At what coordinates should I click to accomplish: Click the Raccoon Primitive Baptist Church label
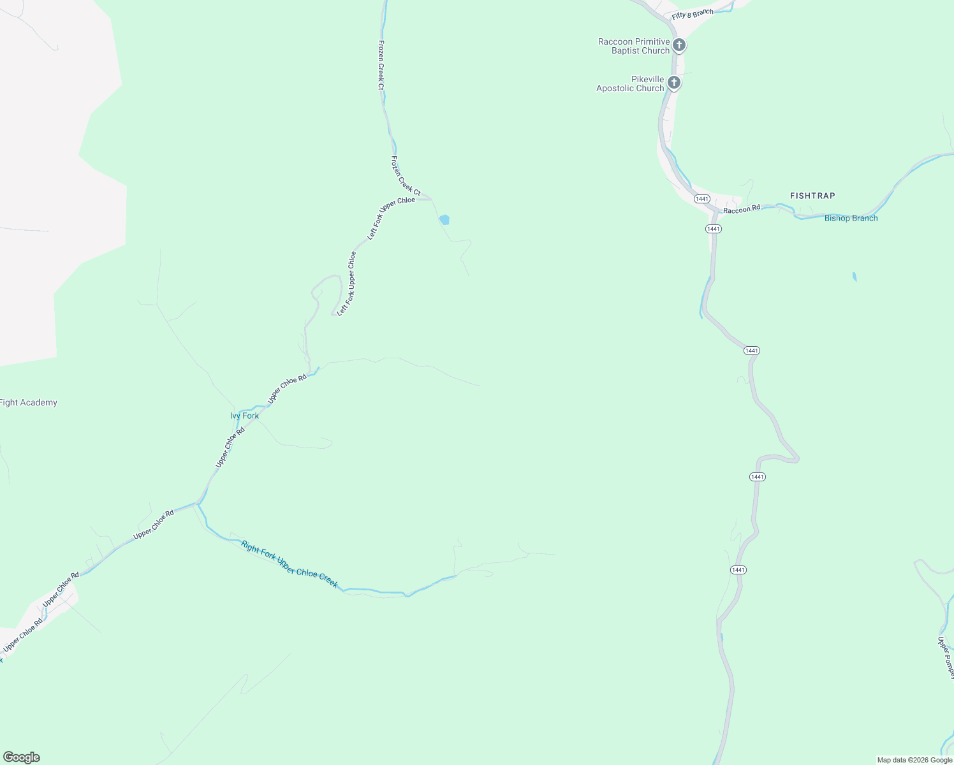pos(634,46)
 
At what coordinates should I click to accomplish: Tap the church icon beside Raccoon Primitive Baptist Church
pos(679,45)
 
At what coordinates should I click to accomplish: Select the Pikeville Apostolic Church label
pos(630,84)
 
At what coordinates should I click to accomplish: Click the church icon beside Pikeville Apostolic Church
pos(673,83)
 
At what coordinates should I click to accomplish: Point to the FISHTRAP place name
pos(812,196)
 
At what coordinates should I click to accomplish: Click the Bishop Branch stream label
pos(851,218)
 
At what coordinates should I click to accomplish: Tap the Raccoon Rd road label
pos(742,209)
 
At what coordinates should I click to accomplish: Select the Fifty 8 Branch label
pos(693,14)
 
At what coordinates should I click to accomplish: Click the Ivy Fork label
pos(244,416)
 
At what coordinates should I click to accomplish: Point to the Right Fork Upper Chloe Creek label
pos(290,564)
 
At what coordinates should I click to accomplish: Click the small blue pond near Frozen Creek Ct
pos(444,219)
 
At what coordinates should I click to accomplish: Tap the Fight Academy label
pos(28,402)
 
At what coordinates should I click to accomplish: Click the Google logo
pos(21,757)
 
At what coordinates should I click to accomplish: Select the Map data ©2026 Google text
pos(914,760)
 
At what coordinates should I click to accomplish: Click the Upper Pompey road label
pos(945,657)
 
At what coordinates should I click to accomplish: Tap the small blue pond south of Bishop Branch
pos(855,277)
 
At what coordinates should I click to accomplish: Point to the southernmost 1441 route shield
pos(738,569)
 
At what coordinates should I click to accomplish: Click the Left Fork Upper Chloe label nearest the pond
pos(390,218)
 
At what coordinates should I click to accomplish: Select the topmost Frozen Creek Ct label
pos(381,64)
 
